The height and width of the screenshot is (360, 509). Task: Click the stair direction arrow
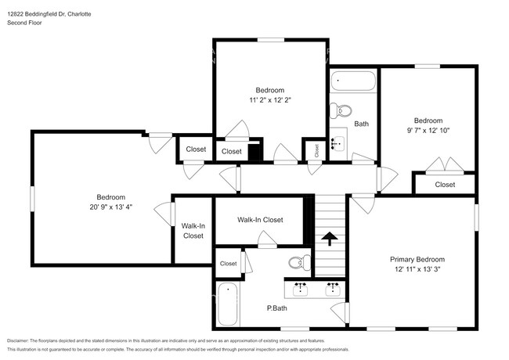330,237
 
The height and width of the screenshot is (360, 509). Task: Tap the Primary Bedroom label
417,259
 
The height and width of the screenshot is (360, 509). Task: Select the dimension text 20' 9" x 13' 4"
110,207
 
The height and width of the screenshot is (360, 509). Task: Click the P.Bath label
275,308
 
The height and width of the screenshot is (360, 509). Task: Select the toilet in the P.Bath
298,262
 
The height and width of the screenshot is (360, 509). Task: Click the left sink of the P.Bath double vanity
301,289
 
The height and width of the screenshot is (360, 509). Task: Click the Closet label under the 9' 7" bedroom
445,185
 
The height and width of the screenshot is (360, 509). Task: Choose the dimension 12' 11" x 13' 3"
417,269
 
